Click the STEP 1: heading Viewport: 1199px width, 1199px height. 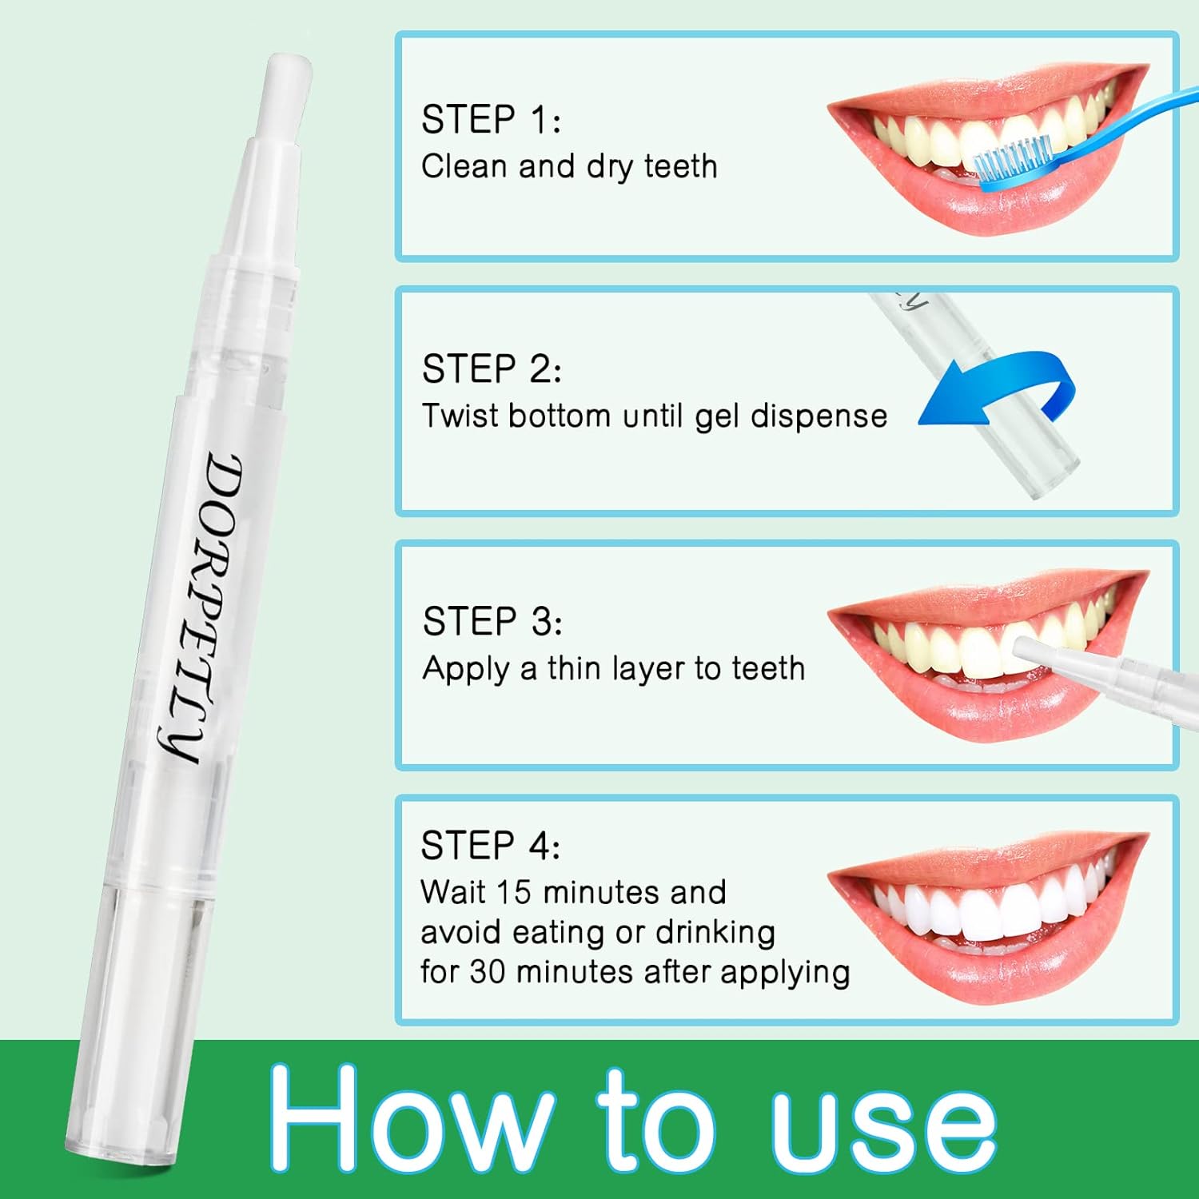[491, 120]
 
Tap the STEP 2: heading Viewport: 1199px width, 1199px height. [492, 369]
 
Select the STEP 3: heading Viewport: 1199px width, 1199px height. [492, 622]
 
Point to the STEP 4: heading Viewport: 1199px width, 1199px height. [490, 846]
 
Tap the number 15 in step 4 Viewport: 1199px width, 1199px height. [513, 892]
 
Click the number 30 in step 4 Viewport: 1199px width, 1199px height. [487, 972]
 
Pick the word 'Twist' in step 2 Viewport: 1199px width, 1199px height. [460, 416]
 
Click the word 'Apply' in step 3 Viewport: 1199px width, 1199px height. [466, 670]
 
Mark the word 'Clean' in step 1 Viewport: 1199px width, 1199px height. [464, 166]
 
